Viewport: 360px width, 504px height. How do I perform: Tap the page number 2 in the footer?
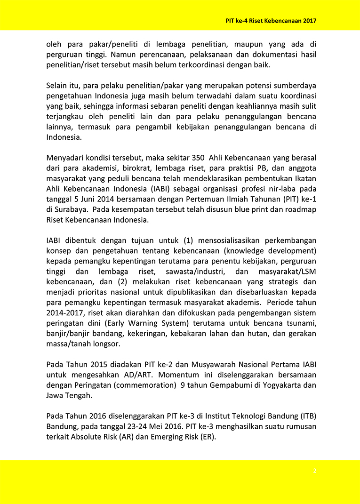315,471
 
